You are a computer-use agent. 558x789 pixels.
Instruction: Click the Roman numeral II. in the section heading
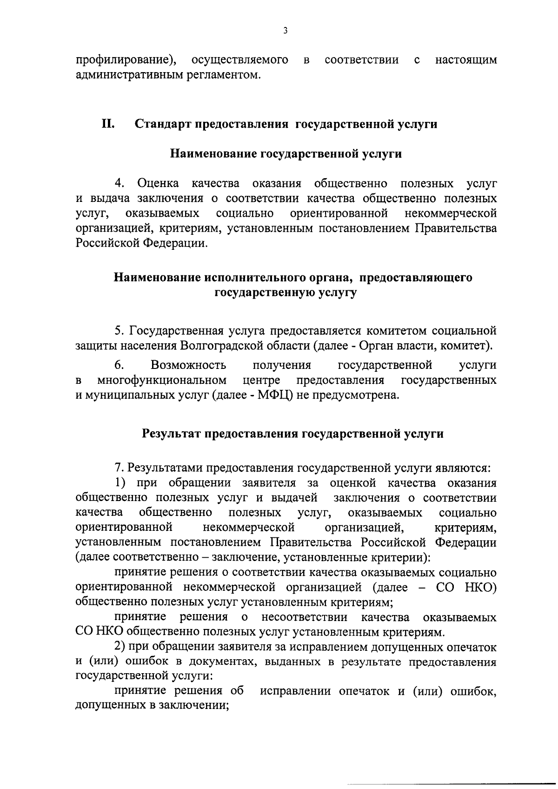click(108, 124)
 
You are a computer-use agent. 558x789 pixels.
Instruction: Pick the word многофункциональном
click(162, 380)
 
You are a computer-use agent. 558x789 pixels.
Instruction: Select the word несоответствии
click(305, 617)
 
